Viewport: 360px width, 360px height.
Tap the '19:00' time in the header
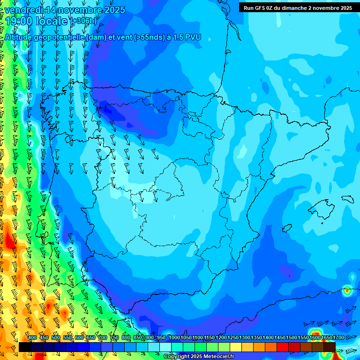coord(19,21)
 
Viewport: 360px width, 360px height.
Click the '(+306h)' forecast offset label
coord(83,21)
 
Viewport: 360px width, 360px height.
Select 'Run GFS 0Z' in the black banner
coord(261,8)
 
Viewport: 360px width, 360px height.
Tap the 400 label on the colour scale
coord(32,338)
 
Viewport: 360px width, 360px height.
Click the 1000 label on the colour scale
coord(174,338)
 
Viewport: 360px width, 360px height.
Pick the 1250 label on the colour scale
coord(233,338)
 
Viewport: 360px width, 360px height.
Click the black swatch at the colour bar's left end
coord(25,347)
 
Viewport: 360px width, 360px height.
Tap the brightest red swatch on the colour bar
coord(283,347)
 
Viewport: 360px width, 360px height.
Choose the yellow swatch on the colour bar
coord(236,347)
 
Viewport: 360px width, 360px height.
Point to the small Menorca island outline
coord(347,198)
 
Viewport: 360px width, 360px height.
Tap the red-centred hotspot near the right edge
coord(347,291)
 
